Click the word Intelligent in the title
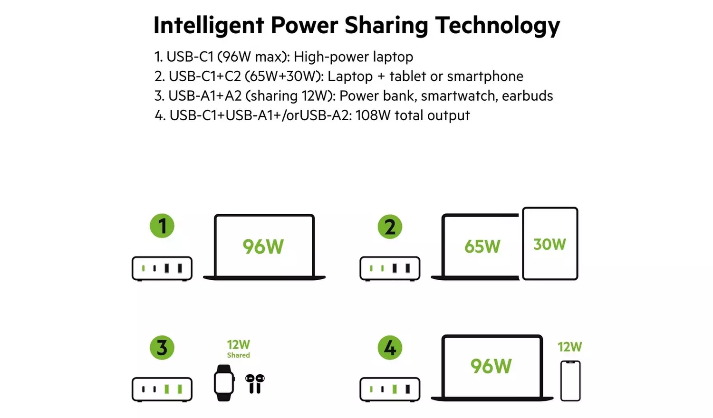[x=209, y=26]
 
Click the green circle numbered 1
[x=162, y=226]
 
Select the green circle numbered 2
[x=390, y=227]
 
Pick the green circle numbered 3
[x=162, y=348]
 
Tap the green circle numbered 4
[x=390, y=348]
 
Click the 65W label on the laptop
[x=482, y=247]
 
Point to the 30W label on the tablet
[x=549, y=245]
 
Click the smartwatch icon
[x=223, y=383]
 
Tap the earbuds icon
[x=255, y=384]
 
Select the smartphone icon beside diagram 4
[x=570, y=381]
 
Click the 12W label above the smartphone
[x=569, y=347]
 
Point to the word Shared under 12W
[x=238, y=355]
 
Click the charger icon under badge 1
[x=162, y=268]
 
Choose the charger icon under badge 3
[x=162, y=389]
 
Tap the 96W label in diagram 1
[x=263, y=247]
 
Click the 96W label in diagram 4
[x=491, y=366]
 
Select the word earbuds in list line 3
[x=527, y=96]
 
